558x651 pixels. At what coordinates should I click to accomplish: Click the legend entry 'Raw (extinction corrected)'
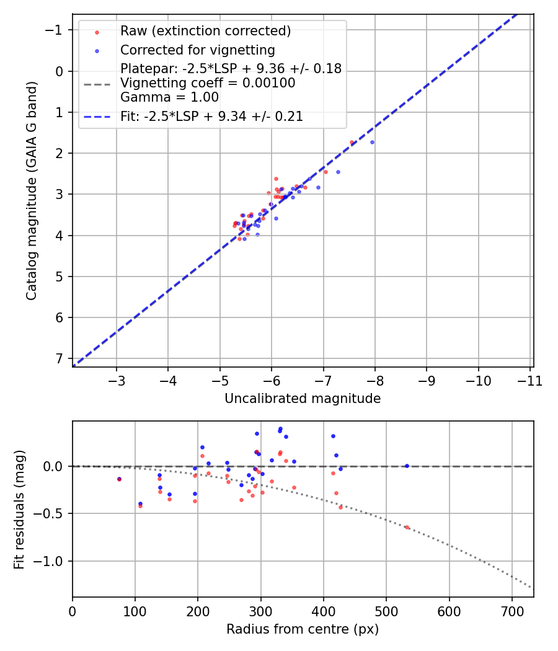click(205, 31)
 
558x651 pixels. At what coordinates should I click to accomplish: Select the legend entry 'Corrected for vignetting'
click(197, 50)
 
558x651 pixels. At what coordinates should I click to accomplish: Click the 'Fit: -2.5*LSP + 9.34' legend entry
click(211, 116)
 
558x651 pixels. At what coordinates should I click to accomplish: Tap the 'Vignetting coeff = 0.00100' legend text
click(208, 83)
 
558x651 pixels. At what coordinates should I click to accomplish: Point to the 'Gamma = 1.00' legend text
click(169, 97)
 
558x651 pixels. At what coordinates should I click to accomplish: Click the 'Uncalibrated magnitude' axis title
click(303, 399)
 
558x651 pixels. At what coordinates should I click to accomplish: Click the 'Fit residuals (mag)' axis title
click(19, 509)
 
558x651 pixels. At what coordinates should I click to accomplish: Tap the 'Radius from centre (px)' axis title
click(303, 629)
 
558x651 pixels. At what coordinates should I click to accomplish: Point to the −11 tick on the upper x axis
click(529, 380)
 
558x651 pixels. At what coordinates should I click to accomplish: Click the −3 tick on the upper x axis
click(117, 380)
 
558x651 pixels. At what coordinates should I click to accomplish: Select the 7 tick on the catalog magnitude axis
click(59, 358)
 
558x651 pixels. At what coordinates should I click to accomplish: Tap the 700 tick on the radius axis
click(511, 611)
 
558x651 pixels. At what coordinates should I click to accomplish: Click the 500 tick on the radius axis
click(386, 611)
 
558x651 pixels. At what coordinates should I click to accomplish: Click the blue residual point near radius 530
click(407, 466)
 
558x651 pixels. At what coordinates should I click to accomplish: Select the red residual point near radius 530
click(407, 527)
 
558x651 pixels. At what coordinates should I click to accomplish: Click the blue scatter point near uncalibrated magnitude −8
click(372, 142)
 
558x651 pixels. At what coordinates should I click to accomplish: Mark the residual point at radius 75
click(119, 479)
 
